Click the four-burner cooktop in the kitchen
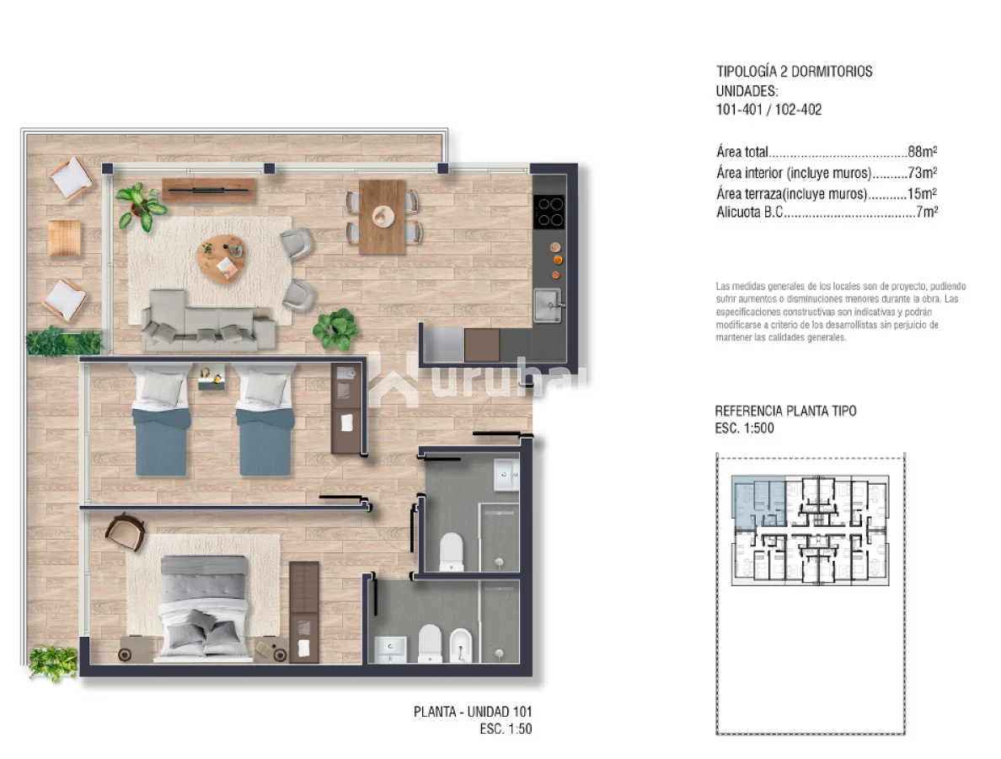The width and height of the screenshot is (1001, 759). (x=549, y=212)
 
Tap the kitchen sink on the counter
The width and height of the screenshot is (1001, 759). (x=547, y=305)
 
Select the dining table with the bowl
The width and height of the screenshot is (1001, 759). (x=383, y=217)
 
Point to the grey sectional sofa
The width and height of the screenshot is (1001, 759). (x=207, y=320)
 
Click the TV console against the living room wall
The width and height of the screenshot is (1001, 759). (x=208, y=190)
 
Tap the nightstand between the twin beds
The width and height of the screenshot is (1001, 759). (x=211, y=377)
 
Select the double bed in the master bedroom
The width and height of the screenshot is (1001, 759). (x=204, y=606)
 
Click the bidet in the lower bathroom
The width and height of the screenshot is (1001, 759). (x=460, y=644)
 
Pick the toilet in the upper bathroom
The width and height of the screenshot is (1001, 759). (x=452, y=552)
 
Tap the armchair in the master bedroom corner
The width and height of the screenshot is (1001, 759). (x=126, y=531)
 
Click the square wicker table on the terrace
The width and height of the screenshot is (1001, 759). (x=65, y=238)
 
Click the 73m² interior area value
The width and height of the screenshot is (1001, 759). (x=923, y=173)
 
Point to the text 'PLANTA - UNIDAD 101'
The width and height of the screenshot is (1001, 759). (x=473, y=711)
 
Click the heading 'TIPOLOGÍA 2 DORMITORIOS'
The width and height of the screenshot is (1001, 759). (x=795, y=71)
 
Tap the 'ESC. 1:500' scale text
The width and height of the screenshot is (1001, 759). (x=744, y=428)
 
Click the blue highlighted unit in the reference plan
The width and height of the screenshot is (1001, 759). (x=757, y=502)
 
